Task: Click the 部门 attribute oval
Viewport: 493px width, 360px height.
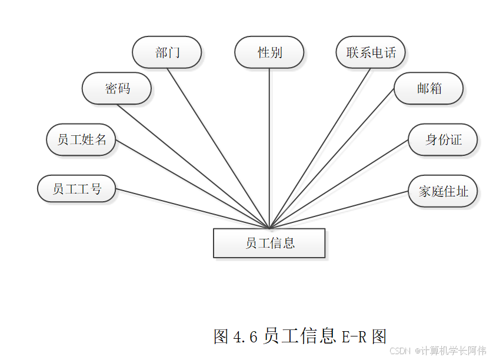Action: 167,52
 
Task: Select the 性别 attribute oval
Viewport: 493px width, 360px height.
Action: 269,52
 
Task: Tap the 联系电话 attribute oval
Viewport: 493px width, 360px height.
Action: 371,52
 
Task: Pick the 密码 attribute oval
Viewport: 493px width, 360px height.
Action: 117,89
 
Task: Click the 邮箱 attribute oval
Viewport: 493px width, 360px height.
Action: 429,89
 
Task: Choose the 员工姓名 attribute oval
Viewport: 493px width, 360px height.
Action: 81,140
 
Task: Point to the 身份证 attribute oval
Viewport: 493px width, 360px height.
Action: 443,140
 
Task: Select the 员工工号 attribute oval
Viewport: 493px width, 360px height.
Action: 76,189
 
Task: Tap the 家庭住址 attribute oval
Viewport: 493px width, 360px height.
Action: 443,191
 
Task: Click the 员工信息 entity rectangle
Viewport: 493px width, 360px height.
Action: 269,243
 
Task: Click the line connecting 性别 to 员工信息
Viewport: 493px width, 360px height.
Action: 269,147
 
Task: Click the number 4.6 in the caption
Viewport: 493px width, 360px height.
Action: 246,337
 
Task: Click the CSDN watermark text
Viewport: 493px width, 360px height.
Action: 399,351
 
